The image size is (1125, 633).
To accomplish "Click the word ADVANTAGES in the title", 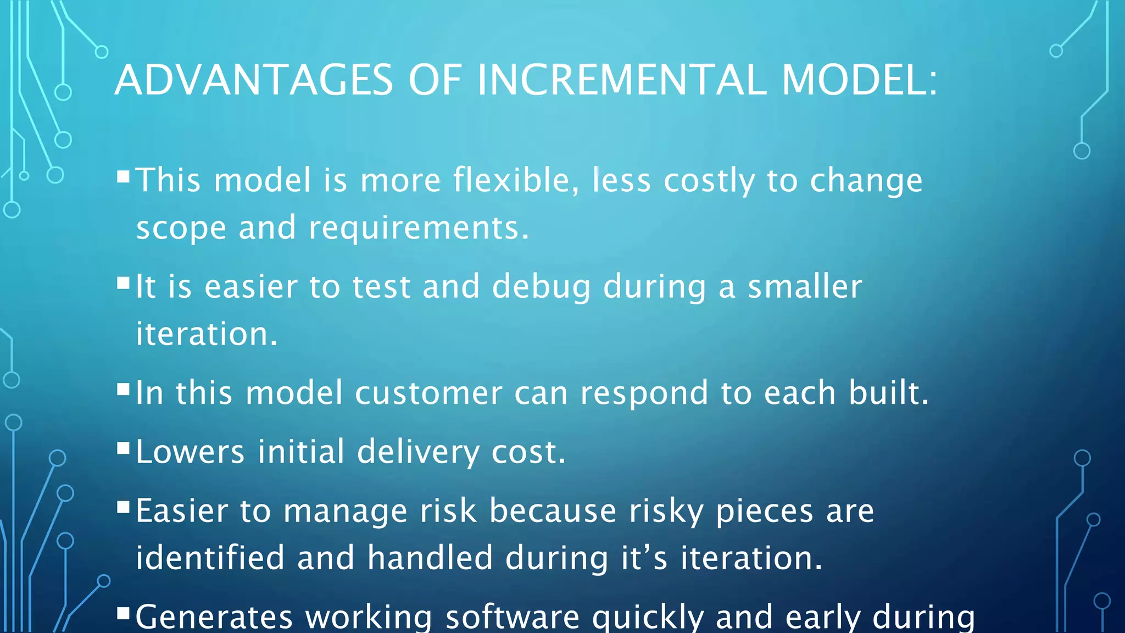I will tap(254, 80).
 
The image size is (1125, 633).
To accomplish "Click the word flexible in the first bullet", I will tap(516, 180).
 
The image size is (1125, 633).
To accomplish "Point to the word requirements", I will tap(418, 228).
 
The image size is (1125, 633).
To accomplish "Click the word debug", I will tap(541, 287).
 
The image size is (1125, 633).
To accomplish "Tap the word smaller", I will tap(805, 287).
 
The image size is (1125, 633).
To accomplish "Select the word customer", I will tap(428, 393).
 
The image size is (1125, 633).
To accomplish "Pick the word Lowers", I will tap(190, 452).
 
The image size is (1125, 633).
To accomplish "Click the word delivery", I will tap(418, 452).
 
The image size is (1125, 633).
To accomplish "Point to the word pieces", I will tap(764, 511).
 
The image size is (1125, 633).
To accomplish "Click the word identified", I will tap(210, 558).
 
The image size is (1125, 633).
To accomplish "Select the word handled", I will tap(430, 558).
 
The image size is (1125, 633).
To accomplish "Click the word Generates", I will tap(214, 618).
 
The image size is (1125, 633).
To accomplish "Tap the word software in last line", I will tap(512, 618).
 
